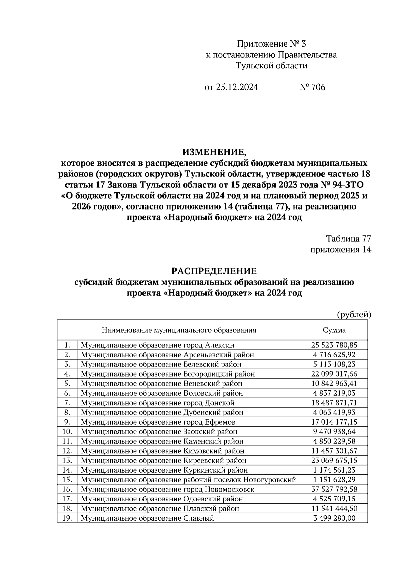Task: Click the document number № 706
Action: click(312, 87)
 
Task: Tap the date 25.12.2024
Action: click(237, 87)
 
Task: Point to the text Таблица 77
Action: click(349, 239)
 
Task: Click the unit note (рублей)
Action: click(354, 315)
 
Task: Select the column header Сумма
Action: click(334, 330)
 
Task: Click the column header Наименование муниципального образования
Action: click(179, 330)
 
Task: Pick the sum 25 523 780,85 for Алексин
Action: click(334, 345)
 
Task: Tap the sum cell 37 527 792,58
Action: click(334, 489)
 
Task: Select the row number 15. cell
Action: click(67, 480)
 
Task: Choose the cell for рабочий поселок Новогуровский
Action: click(188, 480)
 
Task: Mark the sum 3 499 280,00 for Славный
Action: click(334, 518)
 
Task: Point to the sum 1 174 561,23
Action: click(334, 470)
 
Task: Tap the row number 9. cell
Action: click(67, 422)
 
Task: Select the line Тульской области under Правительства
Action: click(271, 66)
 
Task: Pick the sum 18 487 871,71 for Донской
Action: click(334, 403)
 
